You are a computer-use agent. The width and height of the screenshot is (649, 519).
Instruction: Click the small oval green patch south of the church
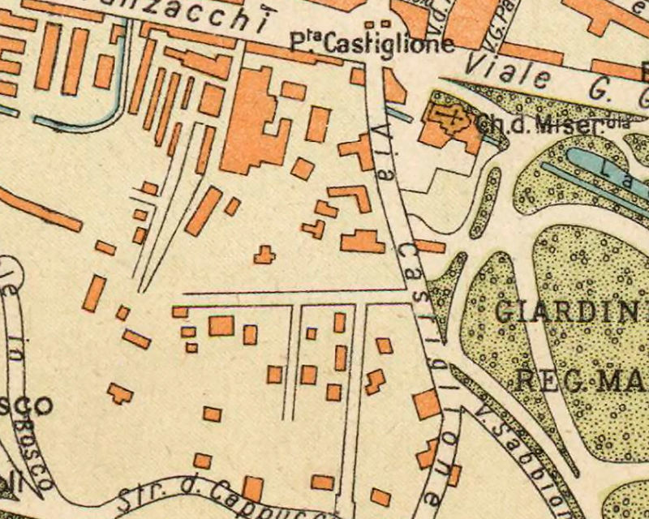484,191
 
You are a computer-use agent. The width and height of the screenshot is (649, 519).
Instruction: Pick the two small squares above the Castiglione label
374,24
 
